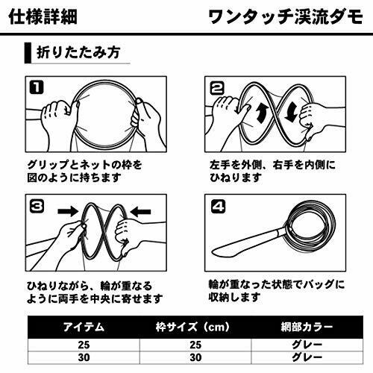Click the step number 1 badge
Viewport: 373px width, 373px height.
(x=37, y=87)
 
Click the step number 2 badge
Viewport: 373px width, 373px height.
(x=217, y=88)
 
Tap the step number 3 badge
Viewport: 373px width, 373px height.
(x=37, y=206)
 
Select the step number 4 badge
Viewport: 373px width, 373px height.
(x=218, y=207)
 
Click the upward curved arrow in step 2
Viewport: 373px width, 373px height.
(x=261, y=113)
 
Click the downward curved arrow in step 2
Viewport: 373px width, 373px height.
(x=291, y=113)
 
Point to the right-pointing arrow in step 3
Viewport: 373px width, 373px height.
(x=68, y=212)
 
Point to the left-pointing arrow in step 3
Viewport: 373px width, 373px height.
(x=140, y=212)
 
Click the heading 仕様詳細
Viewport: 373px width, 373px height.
(x=43, y=17)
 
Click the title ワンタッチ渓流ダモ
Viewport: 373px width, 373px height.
(x=286, y=17)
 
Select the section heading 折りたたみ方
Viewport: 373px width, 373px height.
(x=78, y=52)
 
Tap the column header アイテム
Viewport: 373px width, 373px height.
(x=84, y=327)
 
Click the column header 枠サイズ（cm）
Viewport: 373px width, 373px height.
(x=193, y=327)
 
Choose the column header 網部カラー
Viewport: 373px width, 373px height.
(x=307, y=327)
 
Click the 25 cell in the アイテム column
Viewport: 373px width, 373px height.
(x=84, y=345)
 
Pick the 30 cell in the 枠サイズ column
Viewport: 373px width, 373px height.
(x=195, y=357)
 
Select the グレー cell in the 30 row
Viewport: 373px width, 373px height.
(x=307, y=357)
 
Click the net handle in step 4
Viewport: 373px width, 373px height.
(x=248, y=241)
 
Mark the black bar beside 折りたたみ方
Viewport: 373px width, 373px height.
(x=28, y=53)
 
